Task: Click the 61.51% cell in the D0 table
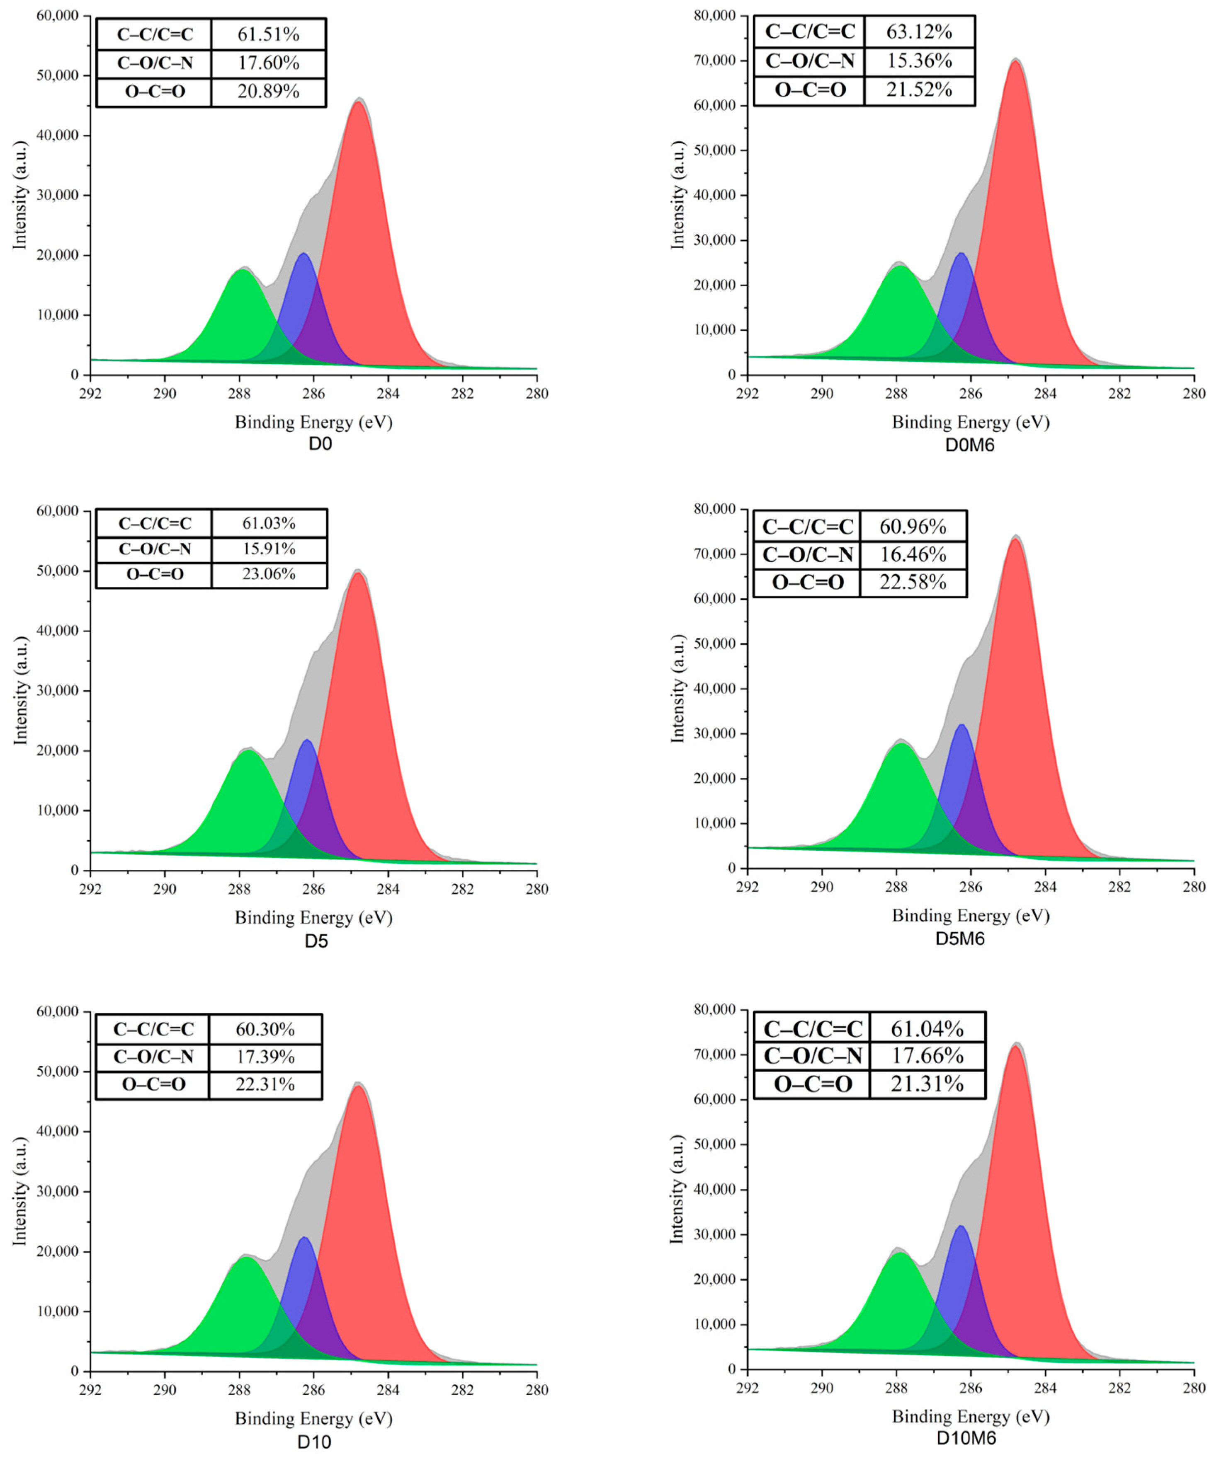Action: tap(268, 34)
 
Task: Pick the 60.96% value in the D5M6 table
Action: tap(913, 527)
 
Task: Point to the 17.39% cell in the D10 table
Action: tap(265, 1057)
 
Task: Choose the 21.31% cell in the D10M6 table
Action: tap(927, 1084)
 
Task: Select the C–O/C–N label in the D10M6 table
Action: tap(812, 1056)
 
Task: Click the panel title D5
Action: tap(316, 941)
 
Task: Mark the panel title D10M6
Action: tap(966, 1438)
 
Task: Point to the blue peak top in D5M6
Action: tap(962, 725)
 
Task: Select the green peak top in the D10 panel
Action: tap(244, 1257)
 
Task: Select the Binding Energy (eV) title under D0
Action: tap(313, 422)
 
